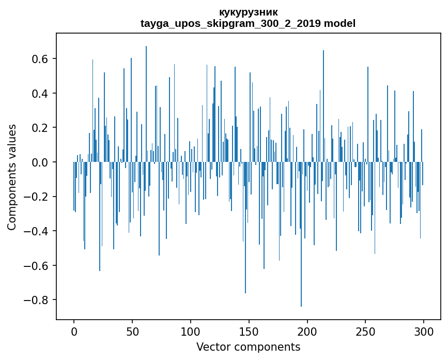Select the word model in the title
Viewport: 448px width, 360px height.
coord(340,23)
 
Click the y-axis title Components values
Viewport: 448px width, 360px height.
coord(12,177)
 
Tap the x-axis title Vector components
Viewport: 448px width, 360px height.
coord(248,347)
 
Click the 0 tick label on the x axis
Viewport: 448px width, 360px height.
coord(74,331)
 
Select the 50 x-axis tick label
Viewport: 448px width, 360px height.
coord(132,331)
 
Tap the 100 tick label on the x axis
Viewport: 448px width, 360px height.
coord(191,331)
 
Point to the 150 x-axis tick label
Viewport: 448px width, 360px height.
coord(249,331)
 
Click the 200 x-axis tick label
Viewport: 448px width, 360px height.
coord(307,331)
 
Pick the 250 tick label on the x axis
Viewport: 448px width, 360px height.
coord(366,331)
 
